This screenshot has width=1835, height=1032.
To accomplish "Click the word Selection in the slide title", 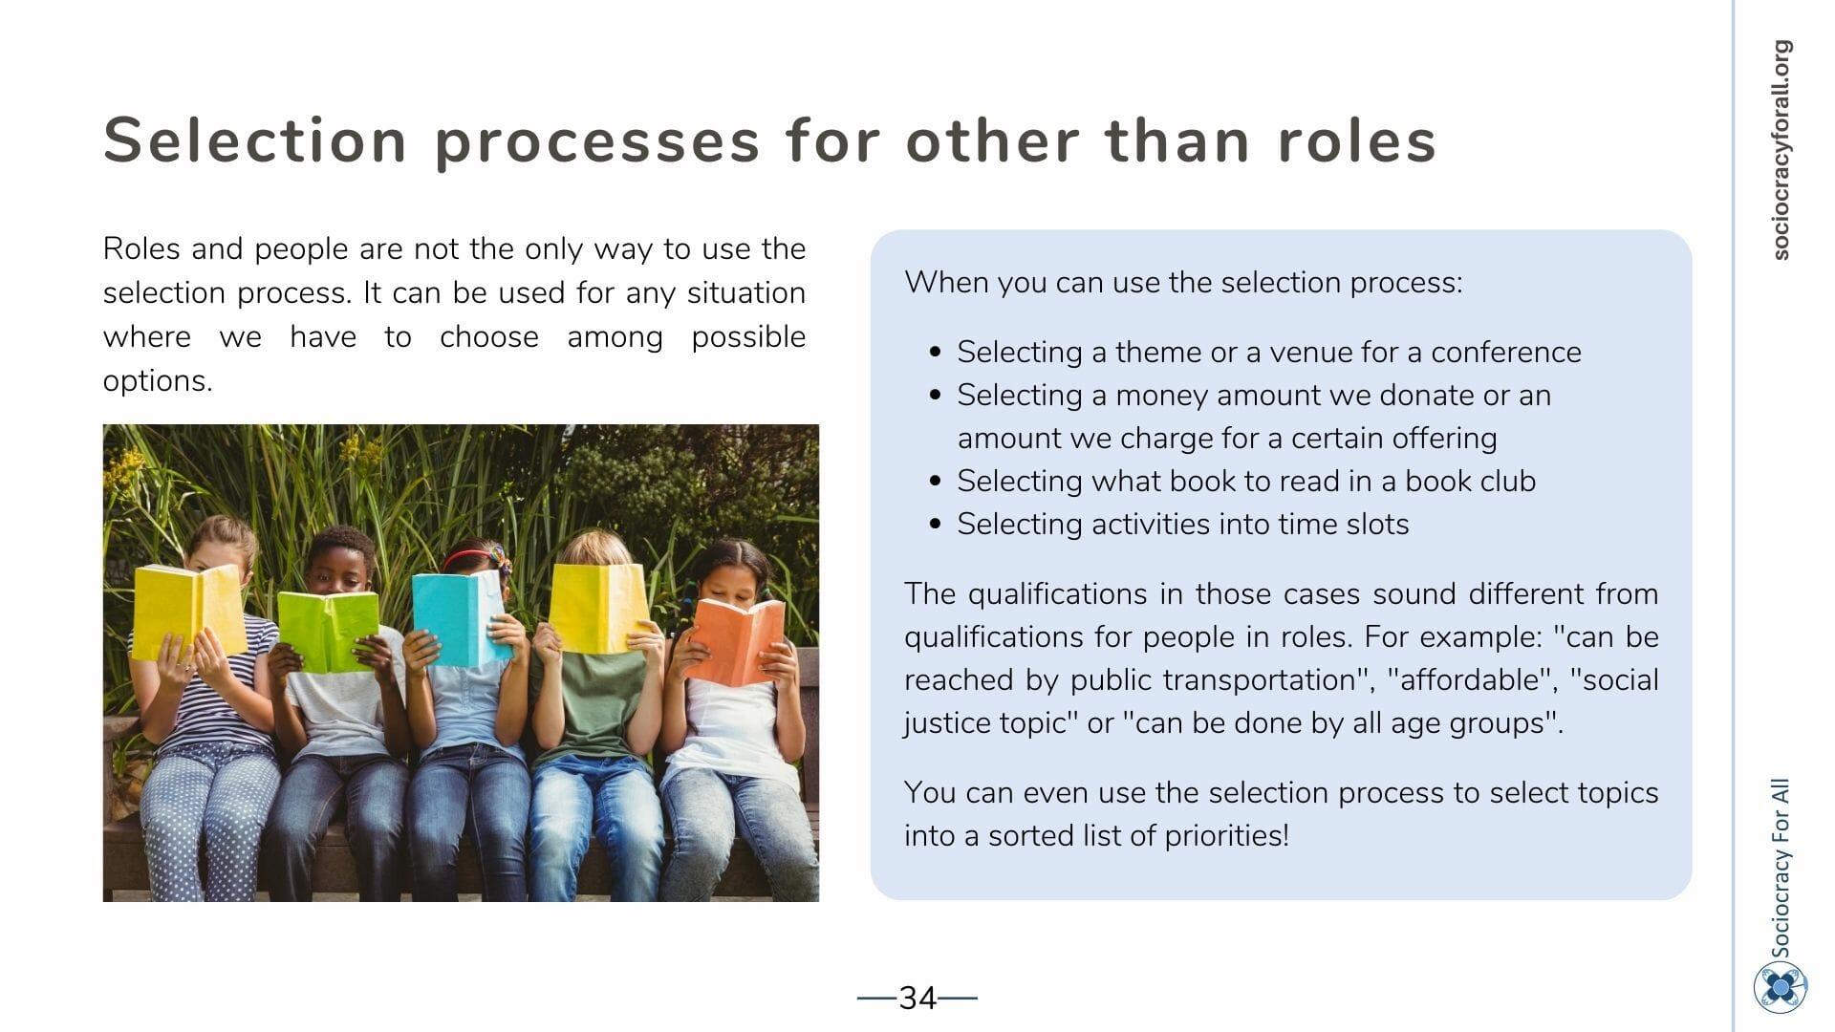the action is pyautogui.click(x=255, y=140).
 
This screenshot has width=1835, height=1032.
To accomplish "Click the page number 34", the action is pyautogui.click(x=917, y=999).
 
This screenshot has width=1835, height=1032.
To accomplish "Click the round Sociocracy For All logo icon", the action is pyautogui.click(x=1780, y=987).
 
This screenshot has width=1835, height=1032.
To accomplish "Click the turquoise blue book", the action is pyautogui.click(x=460, y=617).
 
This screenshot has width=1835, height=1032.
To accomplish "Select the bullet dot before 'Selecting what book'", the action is pyautogui.click(x=936, y=481).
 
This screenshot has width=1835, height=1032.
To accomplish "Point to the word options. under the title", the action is pyautogui.click(x=158, y=381).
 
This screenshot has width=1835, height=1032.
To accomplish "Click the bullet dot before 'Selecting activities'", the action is pyautogui.click(x=936, y=524).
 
